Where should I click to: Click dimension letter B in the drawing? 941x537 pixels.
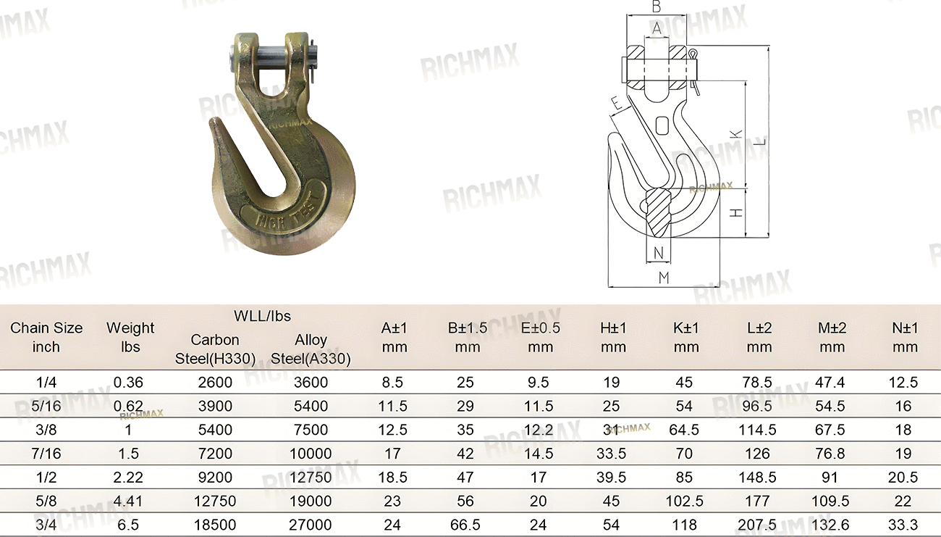point(657,7)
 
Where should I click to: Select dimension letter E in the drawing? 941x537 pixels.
point(616,103)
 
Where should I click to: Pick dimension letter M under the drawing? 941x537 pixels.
point(664,278)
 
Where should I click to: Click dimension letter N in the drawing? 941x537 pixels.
point(658,253)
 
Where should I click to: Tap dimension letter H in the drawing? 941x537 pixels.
point(736,213)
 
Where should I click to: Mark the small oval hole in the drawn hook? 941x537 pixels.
point(662,125)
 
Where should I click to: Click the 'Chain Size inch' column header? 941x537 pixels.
point(46,337)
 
